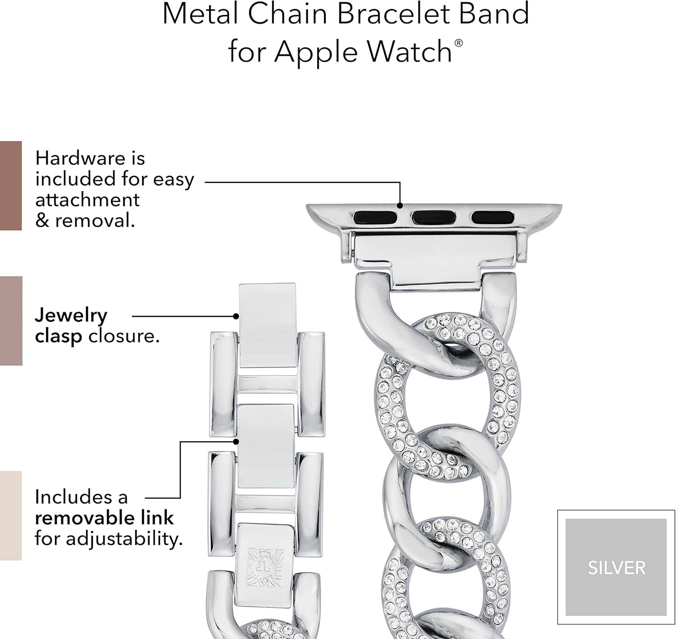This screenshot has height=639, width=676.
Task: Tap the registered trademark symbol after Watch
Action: point(458,43)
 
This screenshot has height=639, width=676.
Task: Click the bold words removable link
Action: point(104,518)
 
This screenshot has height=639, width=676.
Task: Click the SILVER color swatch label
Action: point(616,568)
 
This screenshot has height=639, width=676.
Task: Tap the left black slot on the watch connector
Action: point(375,218)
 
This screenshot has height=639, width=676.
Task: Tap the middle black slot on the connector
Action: point(434,218)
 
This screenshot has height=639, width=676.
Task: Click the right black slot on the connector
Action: point(493,218)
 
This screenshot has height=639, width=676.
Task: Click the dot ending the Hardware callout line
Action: point(400,205)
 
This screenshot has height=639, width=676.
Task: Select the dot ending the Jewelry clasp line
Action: point(236,316)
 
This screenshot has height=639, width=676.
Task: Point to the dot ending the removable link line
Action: point(236,442)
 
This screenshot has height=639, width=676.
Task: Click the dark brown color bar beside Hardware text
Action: point(11,186)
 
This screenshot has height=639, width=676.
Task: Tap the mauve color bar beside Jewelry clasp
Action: point(11,321)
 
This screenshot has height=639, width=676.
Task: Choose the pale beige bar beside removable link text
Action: point(11,516)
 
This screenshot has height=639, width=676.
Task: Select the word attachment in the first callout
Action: point(87,200)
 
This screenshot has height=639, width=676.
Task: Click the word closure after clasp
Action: point(124,336)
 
